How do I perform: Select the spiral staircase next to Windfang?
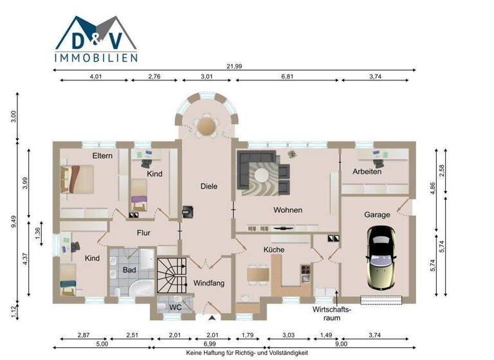tap(170, 273)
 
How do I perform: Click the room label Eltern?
tap(102, 156)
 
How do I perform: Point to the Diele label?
tap(208, 186)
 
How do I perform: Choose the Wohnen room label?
tap(288, 210)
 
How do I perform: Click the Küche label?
tap(273, 249)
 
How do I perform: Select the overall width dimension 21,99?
tap(235, 67)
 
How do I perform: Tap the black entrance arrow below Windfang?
tap(212, 317)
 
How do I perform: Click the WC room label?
tap(174, 307)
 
